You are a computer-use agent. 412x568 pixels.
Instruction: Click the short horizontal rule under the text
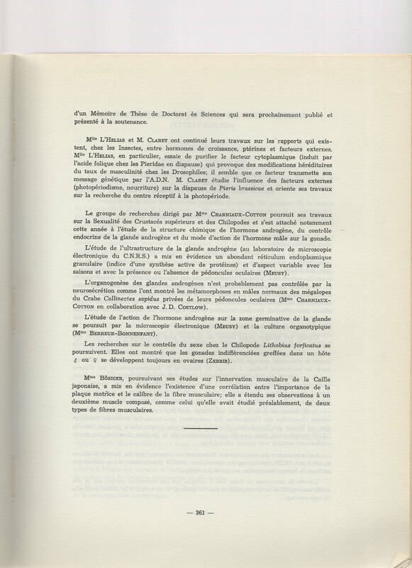point(206,430)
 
